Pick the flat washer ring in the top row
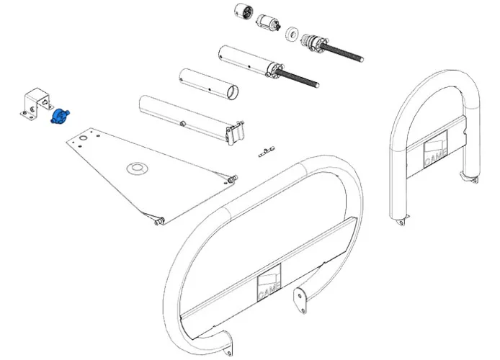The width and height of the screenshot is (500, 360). click(x=293, y=34)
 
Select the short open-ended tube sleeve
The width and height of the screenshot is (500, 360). click(x=209, y=82)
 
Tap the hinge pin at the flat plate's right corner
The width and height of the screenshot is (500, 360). click(x=232, y=178)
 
